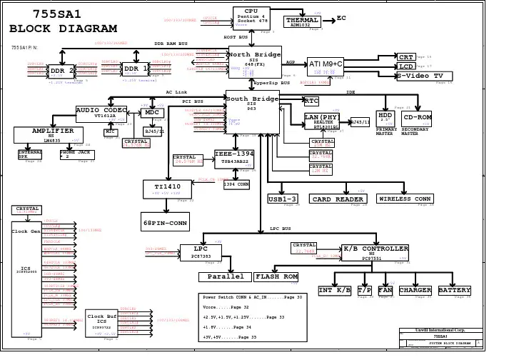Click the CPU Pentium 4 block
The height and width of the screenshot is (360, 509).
[x=251, y=19]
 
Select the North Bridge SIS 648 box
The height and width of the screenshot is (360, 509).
[x=255, y=61]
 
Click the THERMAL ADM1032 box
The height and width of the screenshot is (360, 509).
[x=301, y=21]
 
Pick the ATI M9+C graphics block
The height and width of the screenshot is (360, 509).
[x=326, y=65]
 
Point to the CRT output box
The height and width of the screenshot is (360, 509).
[x=405, y=56]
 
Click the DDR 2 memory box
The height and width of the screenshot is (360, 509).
[x=63, y=72]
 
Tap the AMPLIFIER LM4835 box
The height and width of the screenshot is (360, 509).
[x=52, y=135]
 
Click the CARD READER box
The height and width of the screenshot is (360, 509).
[x=340, y=199]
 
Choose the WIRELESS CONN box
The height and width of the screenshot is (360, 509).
[x=404, y=199]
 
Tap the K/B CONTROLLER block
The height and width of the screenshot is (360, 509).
[x=375, y=251]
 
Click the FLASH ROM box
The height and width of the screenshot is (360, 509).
[x=276, y=276]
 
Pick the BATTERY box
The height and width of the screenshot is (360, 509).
[x=454, y=290]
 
